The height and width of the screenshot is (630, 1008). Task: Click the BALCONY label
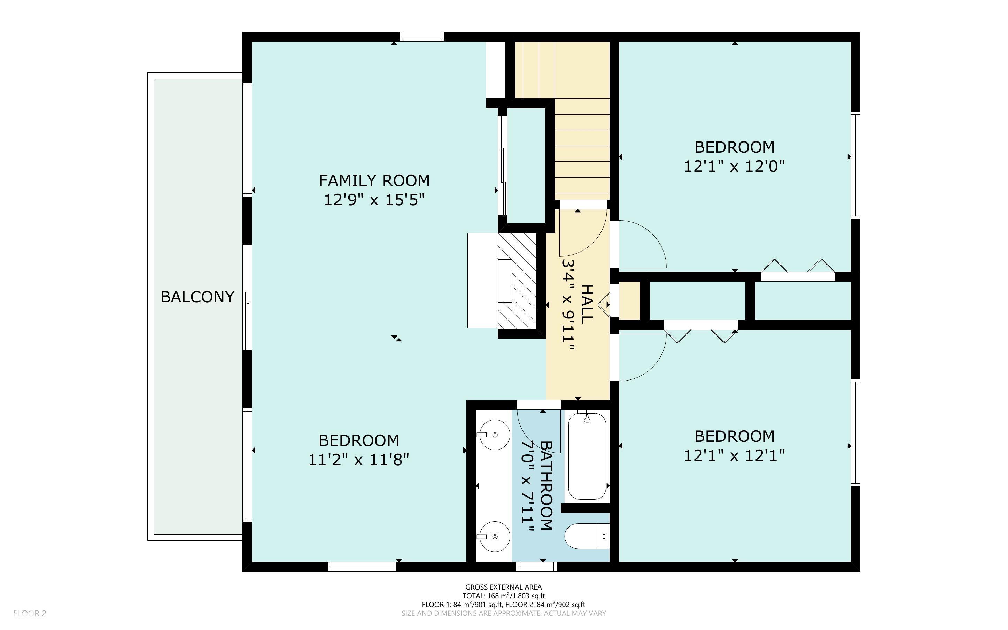[197, 297]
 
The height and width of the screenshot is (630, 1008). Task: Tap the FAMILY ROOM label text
[374, 181]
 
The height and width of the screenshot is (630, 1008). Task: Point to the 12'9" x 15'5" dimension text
[374, 200]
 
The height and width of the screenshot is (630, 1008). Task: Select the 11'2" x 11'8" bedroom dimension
[358, 460]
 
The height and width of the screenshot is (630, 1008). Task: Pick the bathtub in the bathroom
[587, 455]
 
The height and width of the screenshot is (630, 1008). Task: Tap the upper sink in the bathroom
[494, 435]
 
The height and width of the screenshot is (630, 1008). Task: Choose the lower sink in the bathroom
[494, 536]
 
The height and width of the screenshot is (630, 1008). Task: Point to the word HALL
[587, 304]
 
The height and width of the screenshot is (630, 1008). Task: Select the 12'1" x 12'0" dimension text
[735, 167]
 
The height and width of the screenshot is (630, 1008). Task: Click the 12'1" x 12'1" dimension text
[735, 456]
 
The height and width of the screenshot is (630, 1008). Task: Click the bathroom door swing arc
[526, 438]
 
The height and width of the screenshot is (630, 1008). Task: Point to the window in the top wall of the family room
[422, 37]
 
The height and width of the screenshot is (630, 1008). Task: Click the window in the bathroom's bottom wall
[536, 567]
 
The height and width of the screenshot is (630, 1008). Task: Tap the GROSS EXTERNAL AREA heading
[503, 587]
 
